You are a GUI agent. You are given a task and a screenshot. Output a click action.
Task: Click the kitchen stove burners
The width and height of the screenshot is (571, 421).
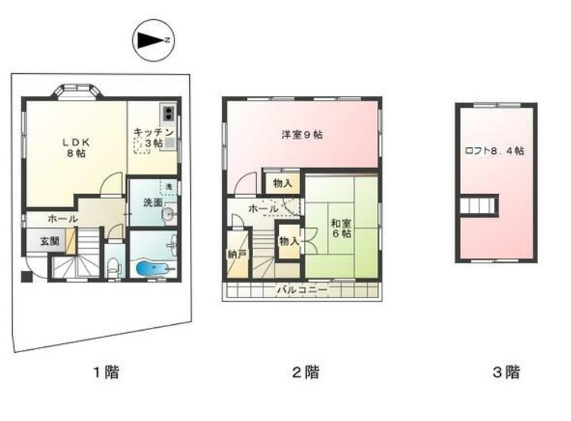tap(169, 113)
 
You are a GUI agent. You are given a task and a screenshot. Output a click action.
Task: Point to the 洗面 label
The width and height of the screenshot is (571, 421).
tap(143, 202)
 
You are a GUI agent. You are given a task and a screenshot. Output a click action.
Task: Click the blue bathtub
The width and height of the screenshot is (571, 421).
tap(154, 266)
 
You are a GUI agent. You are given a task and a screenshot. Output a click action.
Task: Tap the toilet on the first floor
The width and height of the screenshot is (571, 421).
tap(113, 268)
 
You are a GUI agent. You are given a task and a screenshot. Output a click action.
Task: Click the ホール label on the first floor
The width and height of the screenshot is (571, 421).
tap(62, 219)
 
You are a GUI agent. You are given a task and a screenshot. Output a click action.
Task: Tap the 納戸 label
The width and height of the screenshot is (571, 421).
tap(236, 254)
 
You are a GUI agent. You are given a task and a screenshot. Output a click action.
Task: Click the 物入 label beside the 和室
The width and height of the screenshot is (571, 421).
tap(288, 240)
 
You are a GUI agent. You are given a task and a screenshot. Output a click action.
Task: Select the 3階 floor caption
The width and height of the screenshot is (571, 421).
tap(507, 372)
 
